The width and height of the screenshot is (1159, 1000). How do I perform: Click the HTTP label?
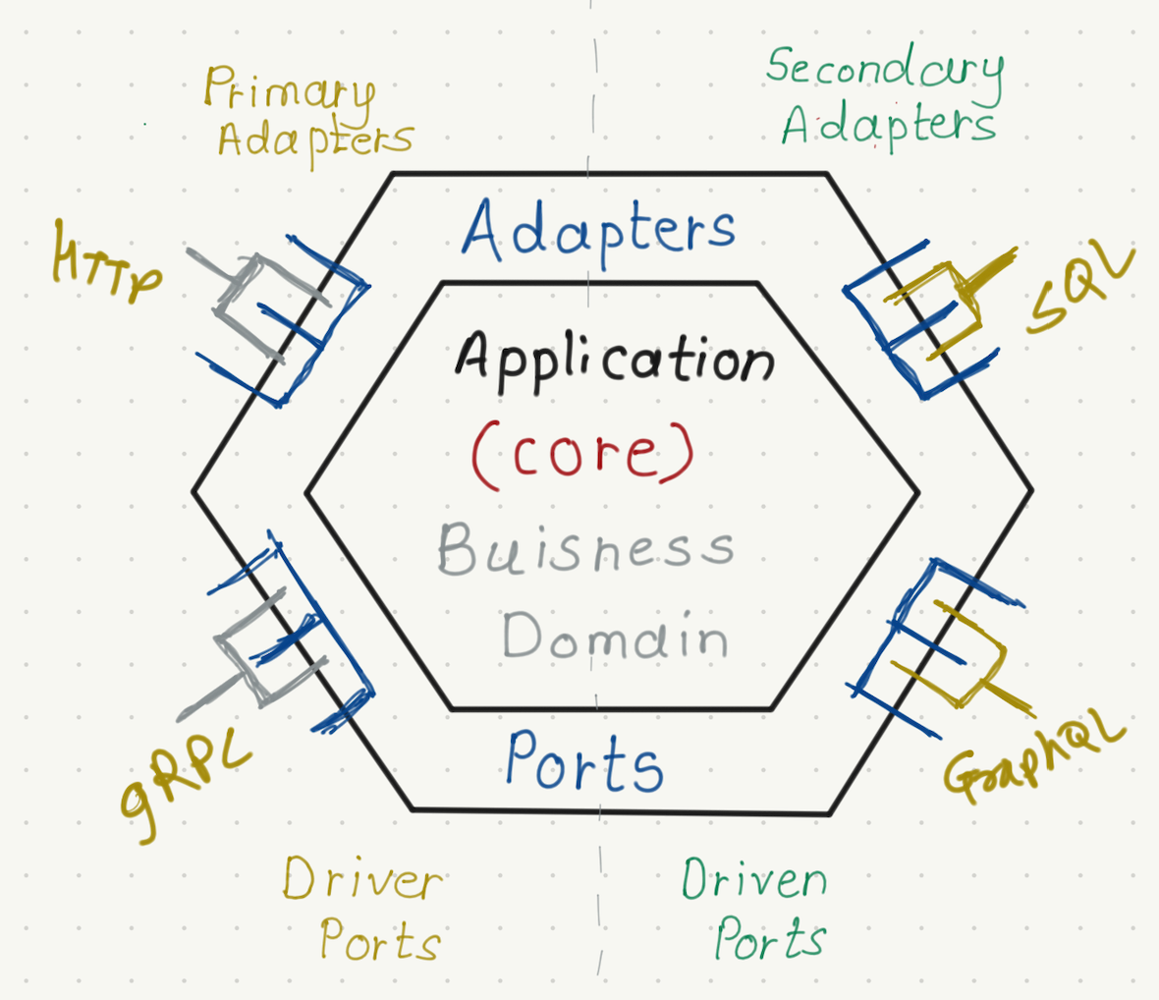tap(106, 260)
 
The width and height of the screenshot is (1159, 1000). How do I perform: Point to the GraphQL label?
tap(1031, 756)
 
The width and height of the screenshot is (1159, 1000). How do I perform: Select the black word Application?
tap(615, 360)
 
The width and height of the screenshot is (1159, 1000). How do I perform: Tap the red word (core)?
tap(582, 454)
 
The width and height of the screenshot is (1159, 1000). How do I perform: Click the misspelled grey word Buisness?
tap(585, 549)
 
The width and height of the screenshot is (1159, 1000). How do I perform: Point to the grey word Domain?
tap(615, 637)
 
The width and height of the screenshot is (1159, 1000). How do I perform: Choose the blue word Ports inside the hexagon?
tap(584, 763)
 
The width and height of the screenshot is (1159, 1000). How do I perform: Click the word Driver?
tap(362, 879)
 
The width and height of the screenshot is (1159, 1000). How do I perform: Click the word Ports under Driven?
tap(769, 941)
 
